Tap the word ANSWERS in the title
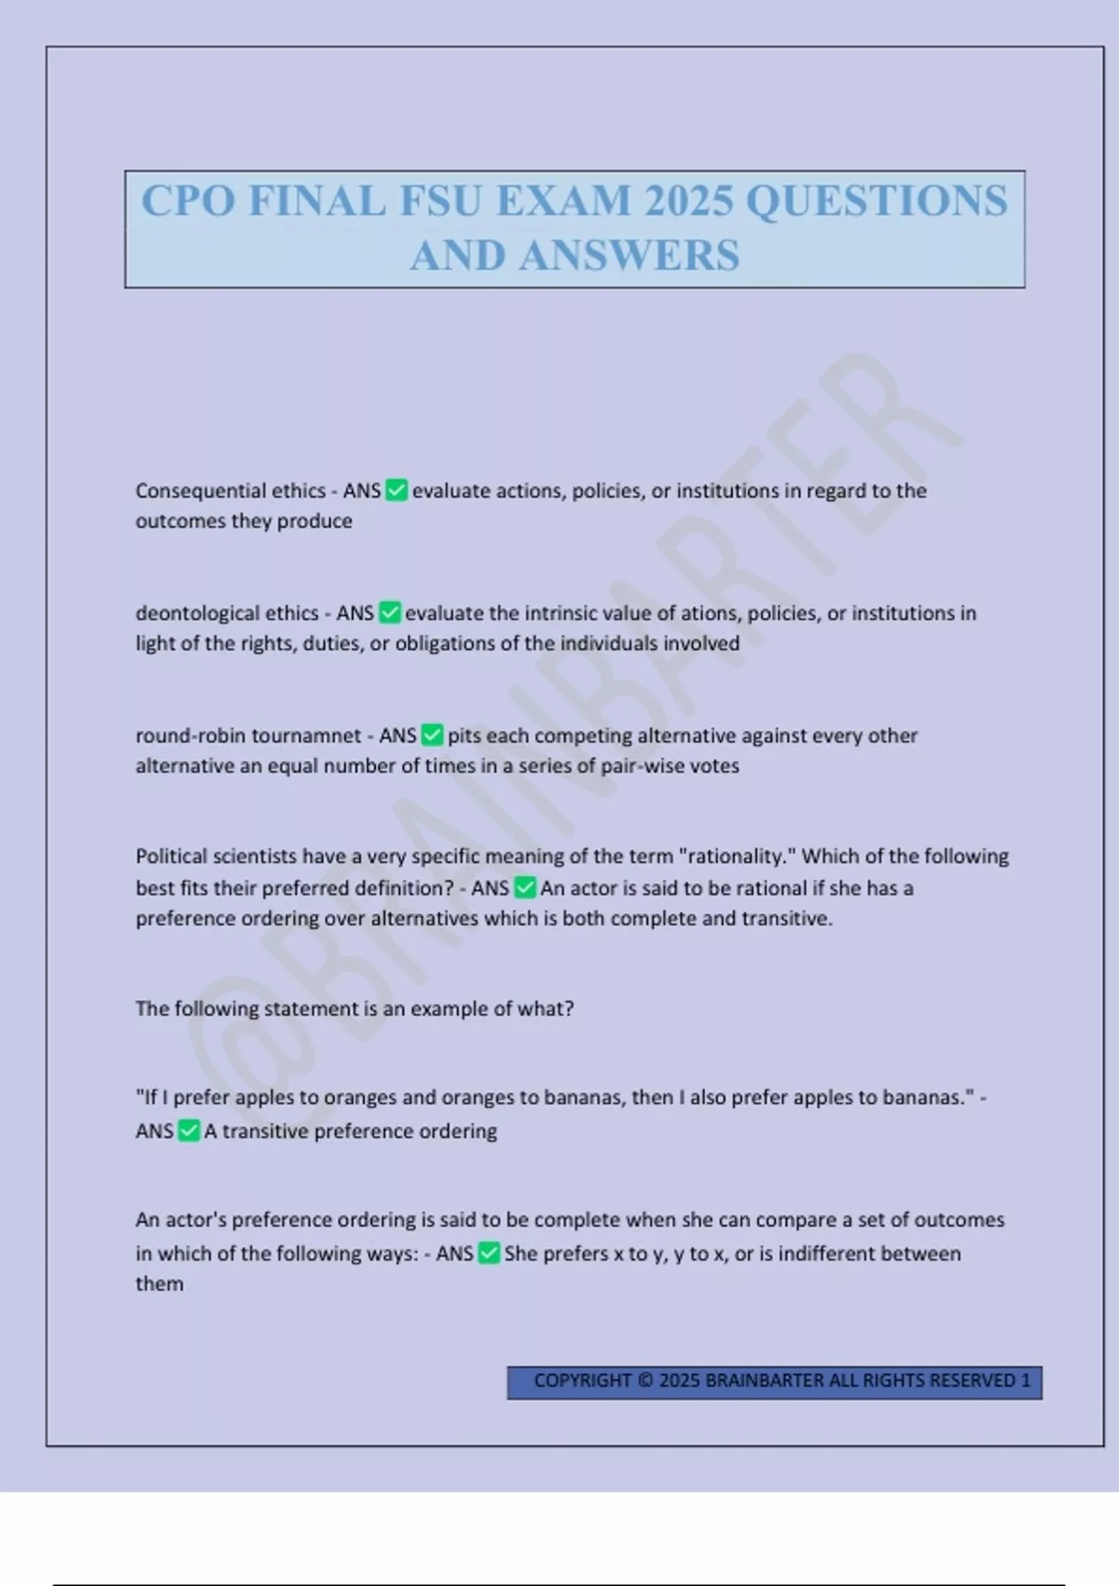click(629, 256)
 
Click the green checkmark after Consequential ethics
click(396, 491)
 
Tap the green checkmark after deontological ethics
click(390, 613)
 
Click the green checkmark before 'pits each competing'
click(432, 735)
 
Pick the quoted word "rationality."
click(737, 856)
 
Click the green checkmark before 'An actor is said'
click(525, 887)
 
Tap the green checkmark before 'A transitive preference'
click(188, 1131)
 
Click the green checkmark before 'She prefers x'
click(489, 1253)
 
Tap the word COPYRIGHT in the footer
click(582, 1381)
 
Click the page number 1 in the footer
click(1026, 1381)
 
